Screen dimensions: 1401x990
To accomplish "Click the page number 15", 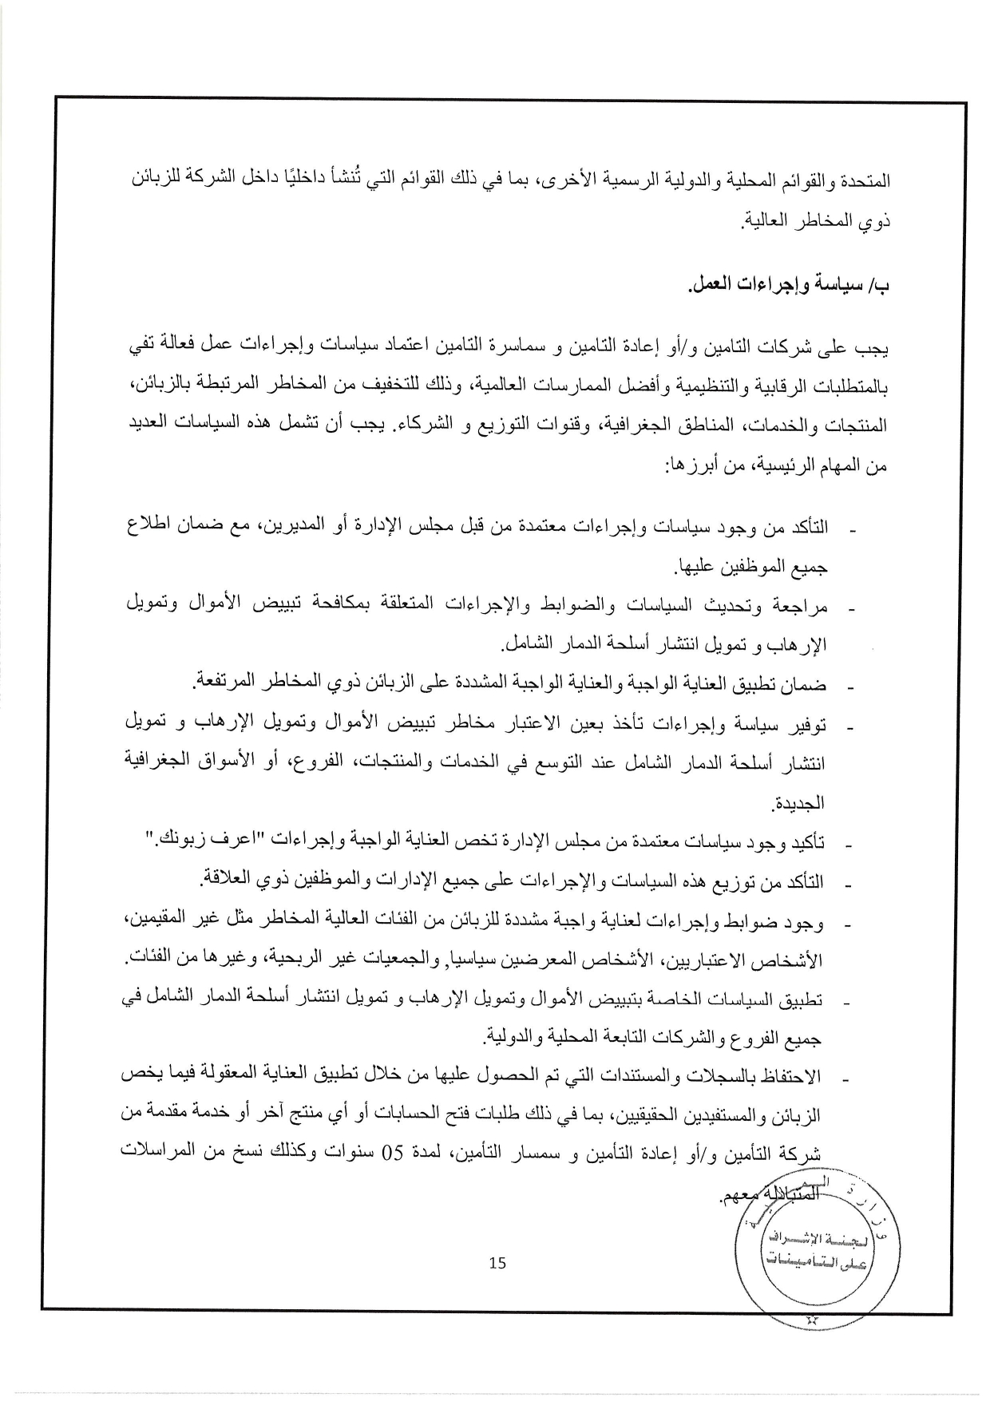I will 497,1262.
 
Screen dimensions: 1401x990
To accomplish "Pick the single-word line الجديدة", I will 796,802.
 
